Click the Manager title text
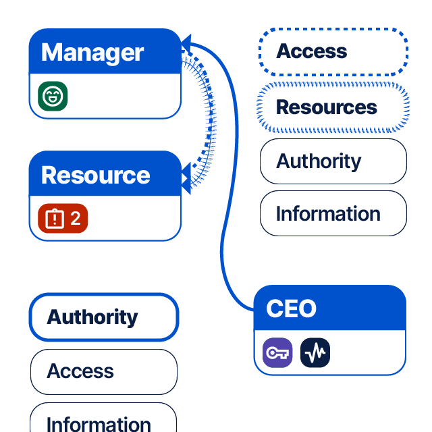(92, 52)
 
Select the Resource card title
(95, 175)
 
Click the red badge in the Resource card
(63, 218)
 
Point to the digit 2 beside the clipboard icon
(76, 218)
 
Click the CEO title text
(291, 308)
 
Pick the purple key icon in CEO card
(277, 352)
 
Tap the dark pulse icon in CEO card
(315, 352)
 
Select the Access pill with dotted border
(333, 51)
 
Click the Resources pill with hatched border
(333, 107)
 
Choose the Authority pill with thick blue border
(104, 317)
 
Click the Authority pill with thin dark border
(333, 161)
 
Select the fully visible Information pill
(333, 213)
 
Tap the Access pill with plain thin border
(104, 371)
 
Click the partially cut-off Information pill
(103, 421)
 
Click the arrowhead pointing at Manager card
(186, 45)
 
